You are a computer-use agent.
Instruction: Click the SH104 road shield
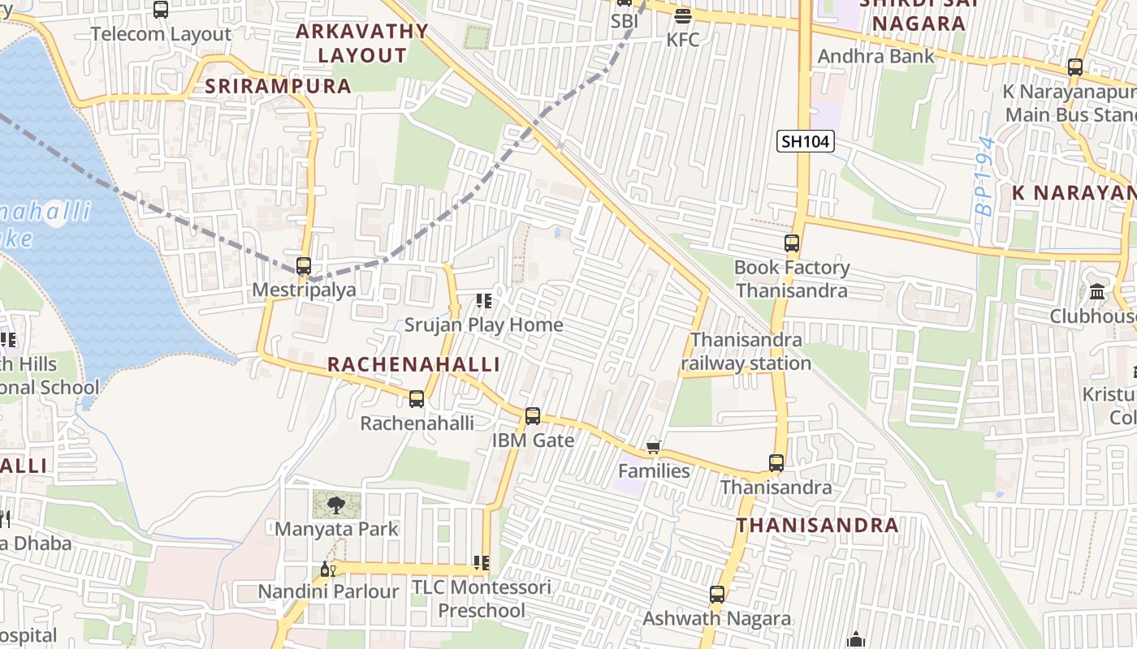[x=805, y=142]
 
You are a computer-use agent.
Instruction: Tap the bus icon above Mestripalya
[x=304, y=265]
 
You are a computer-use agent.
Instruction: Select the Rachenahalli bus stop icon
[x=417, y=398]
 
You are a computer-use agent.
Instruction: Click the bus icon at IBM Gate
[x=533, y=416]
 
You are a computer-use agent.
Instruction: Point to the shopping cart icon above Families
[x=654, y=447]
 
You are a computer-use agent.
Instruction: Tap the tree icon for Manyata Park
[x=335, y=505]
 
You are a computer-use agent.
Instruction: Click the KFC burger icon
[x=682, y=15]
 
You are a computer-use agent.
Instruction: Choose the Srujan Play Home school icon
[x=484, y=301]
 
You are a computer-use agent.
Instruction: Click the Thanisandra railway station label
[x=746, y=351]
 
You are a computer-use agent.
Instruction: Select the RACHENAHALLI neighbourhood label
[x=413, y=365]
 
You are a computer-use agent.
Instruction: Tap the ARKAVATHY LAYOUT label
[x=361, y=43]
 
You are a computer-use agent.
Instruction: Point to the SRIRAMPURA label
[x=278, y=86]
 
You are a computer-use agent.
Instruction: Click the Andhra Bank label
[x=876, y=56]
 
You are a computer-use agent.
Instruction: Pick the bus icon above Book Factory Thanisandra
[x=792, y=243]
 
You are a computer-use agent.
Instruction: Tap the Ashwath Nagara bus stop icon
[x=717, y=595]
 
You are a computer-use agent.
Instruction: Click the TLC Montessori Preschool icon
[x=482, y=562]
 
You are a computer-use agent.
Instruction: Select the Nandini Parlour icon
[x=328, y=569]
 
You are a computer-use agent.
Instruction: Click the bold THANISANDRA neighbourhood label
[x=817, y=525]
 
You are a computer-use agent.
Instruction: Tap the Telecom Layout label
[x=161, y=34]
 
